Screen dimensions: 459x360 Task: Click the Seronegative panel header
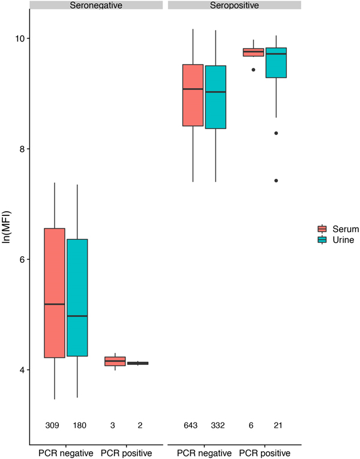pyautogui.click(x=95, y=5)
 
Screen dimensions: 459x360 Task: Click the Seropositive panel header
pyautogui.click(x=234, y=5)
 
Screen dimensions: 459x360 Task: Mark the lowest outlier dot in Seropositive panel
pyautogui.click(x=276, y=181)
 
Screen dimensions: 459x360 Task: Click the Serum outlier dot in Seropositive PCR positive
pyautogui.click(x=253, y=70)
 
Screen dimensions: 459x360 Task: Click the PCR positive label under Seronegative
pyautogui.click(x=126, y=452)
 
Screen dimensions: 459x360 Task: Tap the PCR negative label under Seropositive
pyautogui.click(x=205, y=452)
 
